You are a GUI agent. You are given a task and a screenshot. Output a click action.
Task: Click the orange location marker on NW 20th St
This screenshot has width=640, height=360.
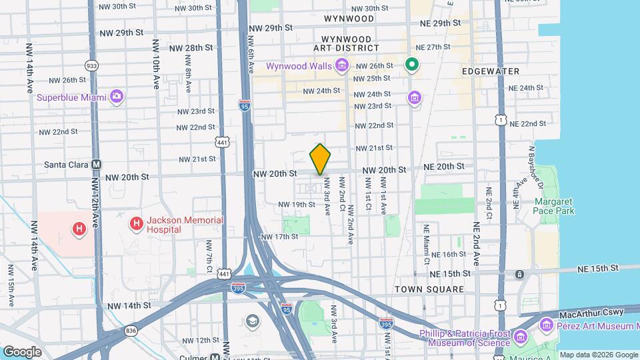pos(320,159)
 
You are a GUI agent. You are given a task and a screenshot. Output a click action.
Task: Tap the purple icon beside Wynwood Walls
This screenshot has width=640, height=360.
pos(342,65)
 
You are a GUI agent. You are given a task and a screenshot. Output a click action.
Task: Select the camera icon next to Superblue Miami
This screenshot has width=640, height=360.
pos(117,97)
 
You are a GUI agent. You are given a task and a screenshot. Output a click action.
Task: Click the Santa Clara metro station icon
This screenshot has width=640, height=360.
pos(97,164)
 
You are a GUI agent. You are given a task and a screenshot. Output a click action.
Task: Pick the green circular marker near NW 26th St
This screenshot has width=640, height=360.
pos(413,65)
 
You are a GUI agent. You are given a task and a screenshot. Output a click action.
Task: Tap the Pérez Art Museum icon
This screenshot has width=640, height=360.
pos(547,325)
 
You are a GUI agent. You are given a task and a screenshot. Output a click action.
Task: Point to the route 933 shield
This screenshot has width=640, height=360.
pos(91,65)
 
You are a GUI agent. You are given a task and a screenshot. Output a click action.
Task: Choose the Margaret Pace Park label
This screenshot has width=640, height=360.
pos(553,205)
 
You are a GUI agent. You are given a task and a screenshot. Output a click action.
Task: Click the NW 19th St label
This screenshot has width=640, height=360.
pos(297,204)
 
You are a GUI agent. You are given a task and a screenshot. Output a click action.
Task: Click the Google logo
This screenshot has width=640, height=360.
pos(22,351)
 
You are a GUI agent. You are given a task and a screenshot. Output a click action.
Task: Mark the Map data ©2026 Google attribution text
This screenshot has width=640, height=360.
pos(598,355)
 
